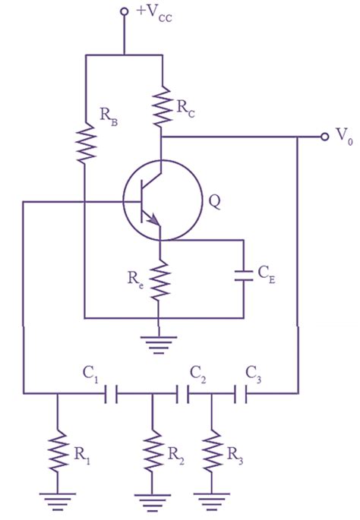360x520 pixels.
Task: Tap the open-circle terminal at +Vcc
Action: [x=124, y=13]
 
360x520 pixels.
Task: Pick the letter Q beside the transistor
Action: [x=213, y=202]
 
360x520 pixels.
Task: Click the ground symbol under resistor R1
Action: [x=56, y=500]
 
